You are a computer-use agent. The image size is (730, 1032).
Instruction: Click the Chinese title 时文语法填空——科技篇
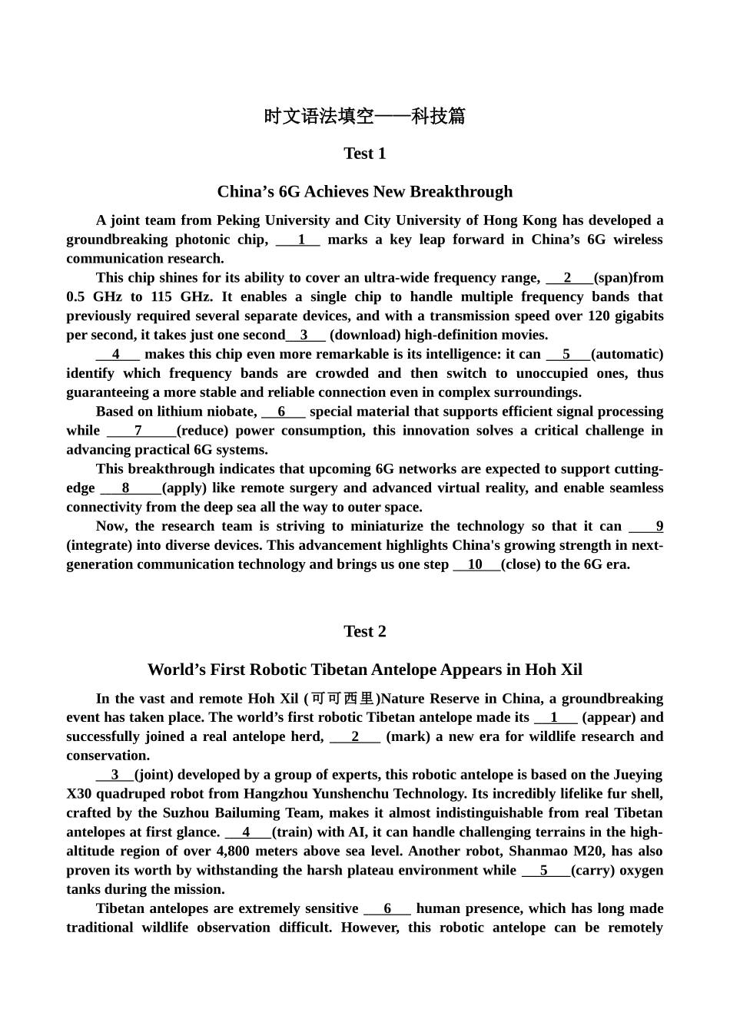[x=364, y=117]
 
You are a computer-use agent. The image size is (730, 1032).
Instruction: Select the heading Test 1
[x=364, y=154]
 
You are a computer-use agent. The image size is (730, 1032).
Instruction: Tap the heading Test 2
[x=364, y=631]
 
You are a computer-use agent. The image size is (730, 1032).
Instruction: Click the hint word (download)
[x=365, y=335]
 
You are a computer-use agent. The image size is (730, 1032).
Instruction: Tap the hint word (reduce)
[x=202, y=431]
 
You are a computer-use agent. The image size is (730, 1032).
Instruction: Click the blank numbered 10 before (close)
[x=476, y=564]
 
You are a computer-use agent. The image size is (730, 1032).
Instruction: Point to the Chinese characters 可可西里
[x=342, y=699]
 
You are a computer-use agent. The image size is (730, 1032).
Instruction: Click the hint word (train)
[x=293, y=832]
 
